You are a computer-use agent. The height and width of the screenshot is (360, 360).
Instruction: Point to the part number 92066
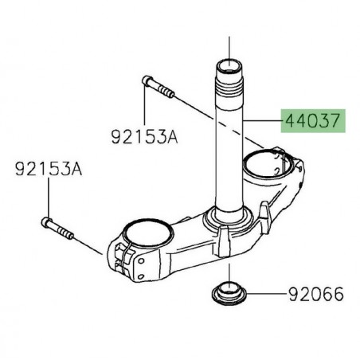(x=315, y=295)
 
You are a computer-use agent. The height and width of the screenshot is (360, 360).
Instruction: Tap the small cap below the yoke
(x=229, y=290)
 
